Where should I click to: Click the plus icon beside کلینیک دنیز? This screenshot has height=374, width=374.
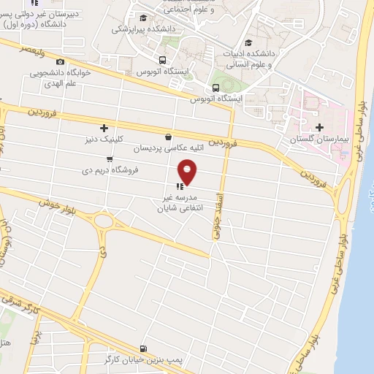[x=104, y=128]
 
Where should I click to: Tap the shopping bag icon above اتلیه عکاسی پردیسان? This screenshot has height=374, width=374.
[x=169, y=137]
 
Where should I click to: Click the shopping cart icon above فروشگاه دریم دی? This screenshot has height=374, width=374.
[x=110, y=159]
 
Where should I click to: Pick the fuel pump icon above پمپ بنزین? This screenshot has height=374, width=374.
[x=143, y=348]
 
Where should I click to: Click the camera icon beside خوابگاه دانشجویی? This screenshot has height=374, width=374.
[x=60, y=61]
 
